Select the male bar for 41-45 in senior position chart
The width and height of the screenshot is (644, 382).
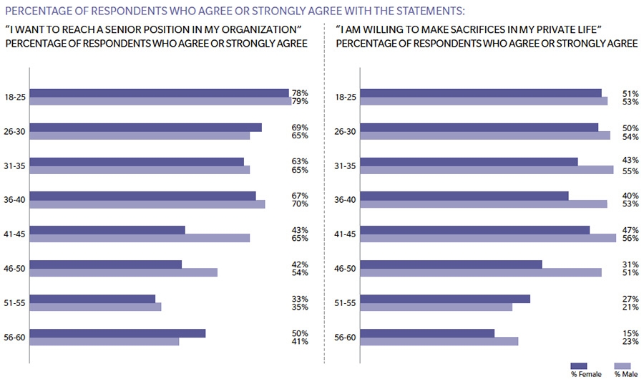tap(140, 238)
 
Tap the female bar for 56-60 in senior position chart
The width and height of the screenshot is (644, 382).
tap(117, 333)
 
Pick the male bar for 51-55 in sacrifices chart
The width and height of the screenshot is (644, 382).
tap(436, 307)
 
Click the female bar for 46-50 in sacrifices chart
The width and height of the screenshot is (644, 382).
tap(451, 264)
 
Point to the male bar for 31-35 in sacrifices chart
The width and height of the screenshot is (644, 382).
tap(487, 170)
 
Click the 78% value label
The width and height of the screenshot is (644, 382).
tap(300, 92)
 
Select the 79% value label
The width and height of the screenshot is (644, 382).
tap(300, 101)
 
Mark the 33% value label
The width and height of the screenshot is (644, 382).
tap(300, 299)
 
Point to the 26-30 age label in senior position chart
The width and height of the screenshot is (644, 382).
tap(14, 131)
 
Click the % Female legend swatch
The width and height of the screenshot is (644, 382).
tap(579, 366)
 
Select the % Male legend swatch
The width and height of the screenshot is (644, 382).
tap(623, 366)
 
